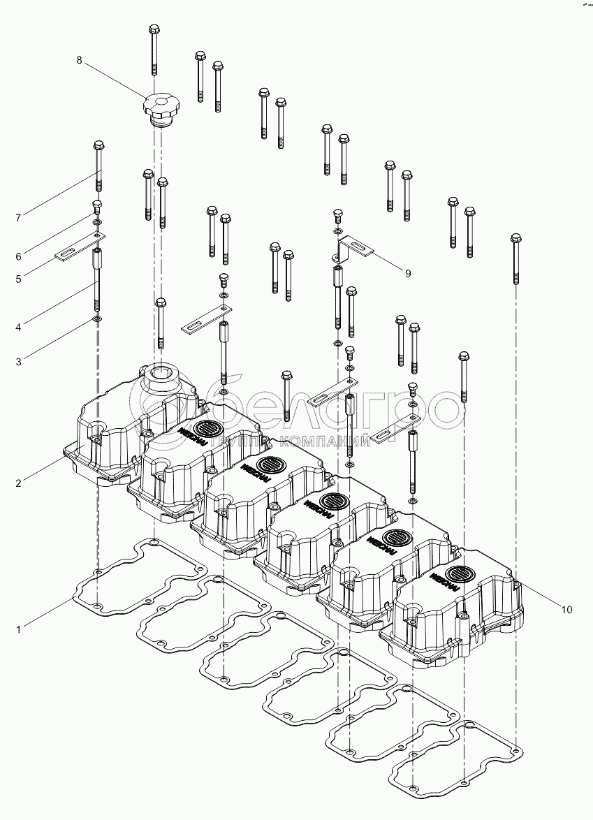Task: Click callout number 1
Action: [x=19, y=630]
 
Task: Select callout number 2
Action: [x=19, y=483]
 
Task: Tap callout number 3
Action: [x=19, y=361]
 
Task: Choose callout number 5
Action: [x=19, y=279]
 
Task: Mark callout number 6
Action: [x=19, y=256]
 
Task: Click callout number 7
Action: [x=19, y=218]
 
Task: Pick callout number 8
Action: [x=79, y=61]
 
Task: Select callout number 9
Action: [x=408, y=273]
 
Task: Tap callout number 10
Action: [x=566, y=610]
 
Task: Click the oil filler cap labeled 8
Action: [x=161, y=108]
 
